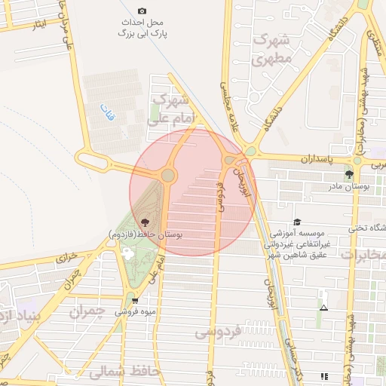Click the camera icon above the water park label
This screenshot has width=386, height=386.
142,11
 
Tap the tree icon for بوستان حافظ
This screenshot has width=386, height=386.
145,222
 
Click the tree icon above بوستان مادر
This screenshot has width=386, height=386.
348,174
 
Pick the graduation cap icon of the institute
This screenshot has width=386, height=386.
297,222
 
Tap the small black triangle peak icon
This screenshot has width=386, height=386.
323,308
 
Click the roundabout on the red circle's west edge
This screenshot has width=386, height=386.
167,176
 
